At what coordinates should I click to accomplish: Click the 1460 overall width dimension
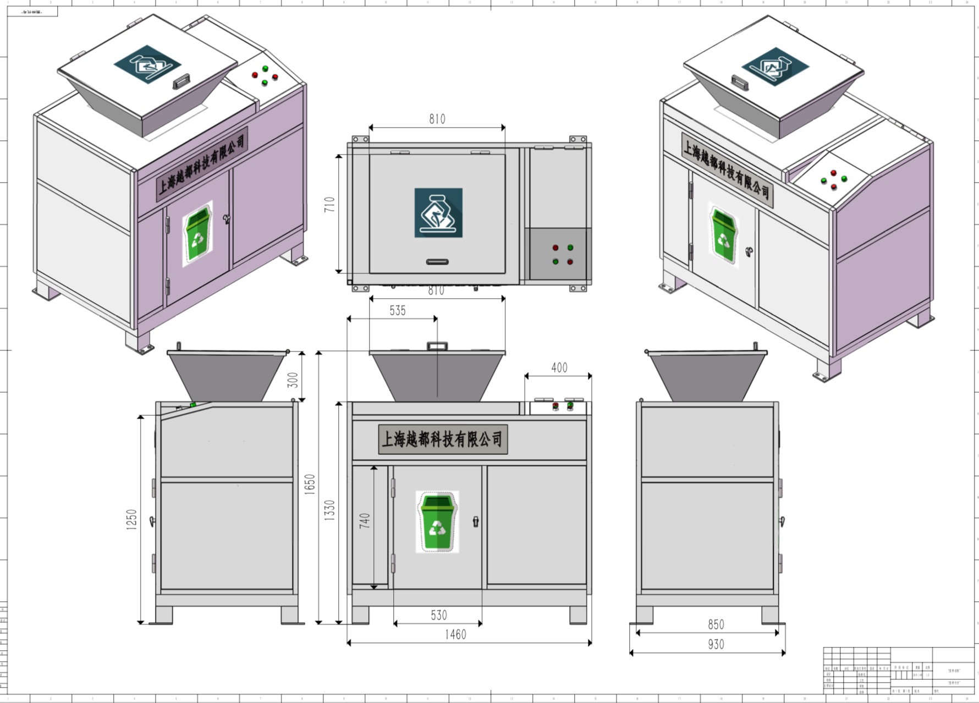[x=455, y=634]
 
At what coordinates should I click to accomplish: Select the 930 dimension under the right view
[x=716, y=644]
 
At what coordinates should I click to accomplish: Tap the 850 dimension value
[x=716, y=624]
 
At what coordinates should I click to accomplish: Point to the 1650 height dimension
[x=310, y=484]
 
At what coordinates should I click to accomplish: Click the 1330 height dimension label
[x=329, y=510]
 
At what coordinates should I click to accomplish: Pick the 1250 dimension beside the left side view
[x=131, y=519]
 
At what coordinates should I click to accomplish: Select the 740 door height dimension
[x=365, y=520]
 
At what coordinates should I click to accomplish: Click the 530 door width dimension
[x=438, y=615]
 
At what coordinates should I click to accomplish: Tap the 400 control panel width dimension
[x=559, y=367]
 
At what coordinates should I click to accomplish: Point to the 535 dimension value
[x=397, y=310]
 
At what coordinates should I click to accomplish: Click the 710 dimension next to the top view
[x=329, y=205]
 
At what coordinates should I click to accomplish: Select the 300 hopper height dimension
[x=293, y=380]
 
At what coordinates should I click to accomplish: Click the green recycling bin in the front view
[x=437, y=521]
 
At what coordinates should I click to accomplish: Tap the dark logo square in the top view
[x=438, y=213]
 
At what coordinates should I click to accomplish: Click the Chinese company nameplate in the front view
[x=443, y=439]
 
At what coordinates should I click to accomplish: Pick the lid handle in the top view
[x=437, y=262]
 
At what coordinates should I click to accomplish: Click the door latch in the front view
[x=476, y=521]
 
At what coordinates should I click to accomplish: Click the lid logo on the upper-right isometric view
[x=774, y=67]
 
